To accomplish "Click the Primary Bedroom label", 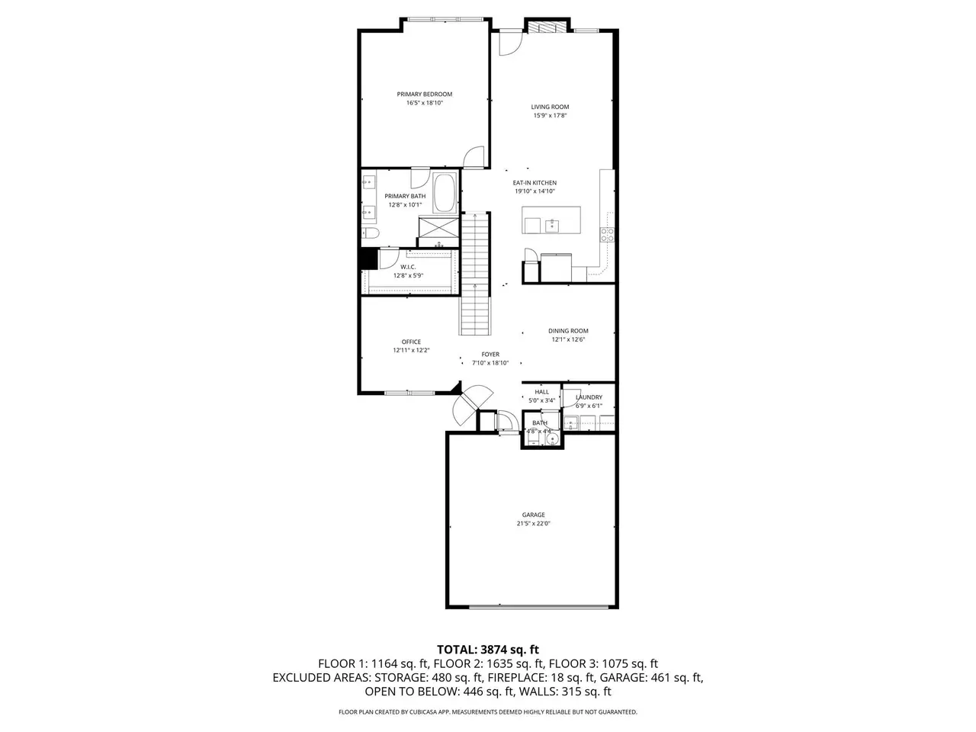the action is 424,95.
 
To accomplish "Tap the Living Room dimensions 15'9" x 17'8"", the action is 550,116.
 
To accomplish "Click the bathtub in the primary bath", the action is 445,193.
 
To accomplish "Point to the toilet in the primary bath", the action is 370,233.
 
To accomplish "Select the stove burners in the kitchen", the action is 608,235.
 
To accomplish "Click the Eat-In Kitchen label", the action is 535,183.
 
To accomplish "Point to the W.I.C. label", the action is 408,267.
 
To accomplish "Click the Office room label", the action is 411,342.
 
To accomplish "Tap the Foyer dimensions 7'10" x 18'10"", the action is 490,363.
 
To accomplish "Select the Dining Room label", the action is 568,331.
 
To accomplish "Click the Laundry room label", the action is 589,397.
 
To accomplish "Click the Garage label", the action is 533,515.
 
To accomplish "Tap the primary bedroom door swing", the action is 474,157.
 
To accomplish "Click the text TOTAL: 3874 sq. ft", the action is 488,650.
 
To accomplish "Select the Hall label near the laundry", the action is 541,392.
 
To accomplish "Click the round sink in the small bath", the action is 552,439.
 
